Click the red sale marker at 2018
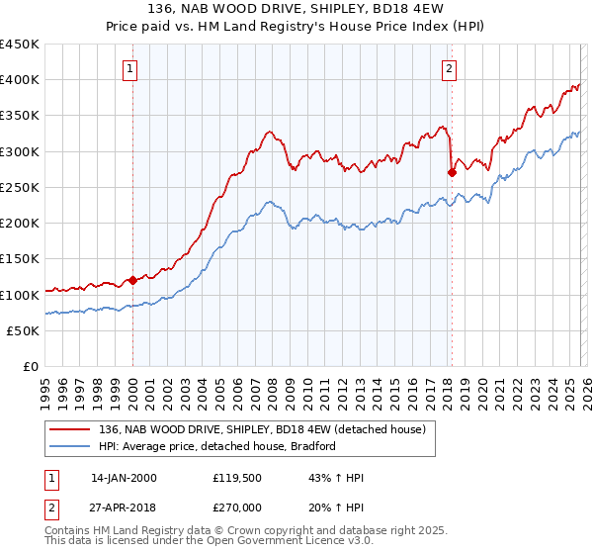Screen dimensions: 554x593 coord(452,172)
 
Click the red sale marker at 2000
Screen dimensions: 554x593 coord(132,280)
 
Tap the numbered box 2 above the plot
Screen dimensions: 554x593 coord(450,69)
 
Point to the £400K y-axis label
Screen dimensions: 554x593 coord(20,80)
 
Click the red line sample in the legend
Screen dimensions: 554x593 coord(72,429)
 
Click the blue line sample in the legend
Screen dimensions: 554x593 coord(72,446)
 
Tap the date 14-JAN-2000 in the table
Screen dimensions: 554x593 coord(124,478)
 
